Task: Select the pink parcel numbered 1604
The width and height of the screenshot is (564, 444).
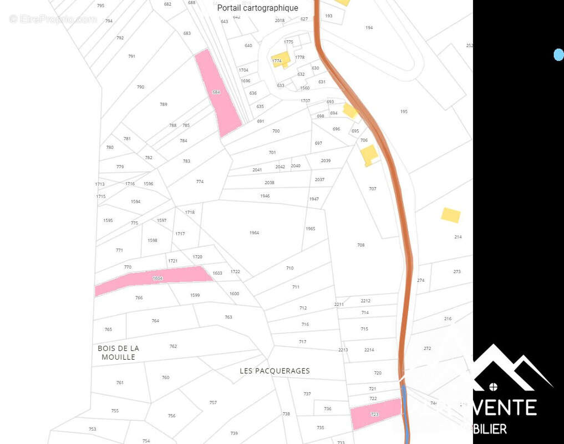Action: (x=155, y=279)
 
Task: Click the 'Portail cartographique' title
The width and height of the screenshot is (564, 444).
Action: (x=257, y=8)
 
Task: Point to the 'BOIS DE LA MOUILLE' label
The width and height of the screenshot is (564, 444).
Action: (x=118, y=352)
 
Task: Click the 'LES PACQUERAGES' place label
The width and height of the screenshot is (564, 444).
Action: (x=275, y=371)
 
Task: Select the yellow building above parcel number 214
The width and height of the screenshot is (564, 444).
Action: (x=450, y=215)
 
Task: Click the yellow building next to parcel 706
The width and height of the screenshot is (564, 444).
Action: (x=369, y=155)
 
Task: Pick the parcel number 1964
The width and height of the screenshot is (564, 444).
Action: (x=254, y=233)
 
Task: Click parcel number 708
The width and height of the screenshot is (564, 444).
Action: (x=360, y=245)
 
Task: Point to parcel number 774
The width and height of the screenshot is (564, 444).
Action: (x=200, y=181)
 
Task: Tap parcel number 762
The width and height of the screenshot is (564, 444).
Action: (x=173, y=346)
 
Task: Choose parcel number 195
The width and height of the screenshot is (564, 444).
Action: (x=404, y=112)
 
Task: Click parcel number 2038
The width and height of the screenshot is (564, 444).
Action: (x=270, y=183)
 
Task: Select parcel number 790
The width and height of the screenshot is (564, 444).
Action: (x=140, y=87)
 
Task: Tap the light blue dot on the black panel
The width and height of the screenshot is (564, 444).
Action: (x=558, y=54)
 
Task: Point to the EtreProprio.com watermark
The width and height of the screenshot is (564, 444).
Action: (x=53, y=19)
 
